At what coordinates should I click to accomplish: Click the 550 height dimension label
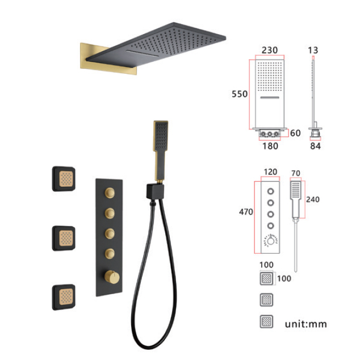click(240, 94)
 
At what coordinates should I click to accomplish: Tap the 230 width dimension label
click(270, 50)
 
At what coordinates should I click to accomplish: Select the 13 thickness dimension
click(313, 50)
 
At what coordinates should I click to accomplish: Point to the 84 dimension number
click(316, 146)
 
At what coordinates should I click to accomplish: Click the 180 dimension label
click(270, 146)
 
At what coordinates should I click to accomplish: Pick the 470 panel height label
click(246, 212)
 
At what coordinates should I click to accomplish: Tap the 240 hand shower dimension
click(313, 199)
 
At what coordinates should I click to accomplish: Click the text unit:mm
click(306, 324)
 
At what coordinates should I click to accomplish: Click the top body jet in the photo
click(64, 179)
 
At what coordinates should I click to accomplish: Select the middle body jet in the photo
click(64, 238)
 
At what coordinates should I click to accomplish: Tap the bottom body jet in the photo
click(64, 297)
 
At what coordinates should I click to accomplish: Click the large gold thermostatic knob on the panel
click(112, 277)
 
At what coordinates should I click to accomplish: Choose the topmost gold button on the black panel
click(110, 192)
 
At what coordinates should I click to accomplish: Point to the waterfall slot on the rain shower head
click(142, 53)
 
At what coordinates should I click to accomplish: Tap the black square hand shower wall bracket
click(155, 191)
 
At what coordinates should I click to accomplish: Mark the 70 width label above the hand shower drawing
click(296, 173)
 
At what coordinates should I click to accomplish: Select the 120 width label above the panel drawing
click(270, 171)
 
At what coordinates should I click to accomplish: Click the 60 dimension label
click(295, 133)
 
